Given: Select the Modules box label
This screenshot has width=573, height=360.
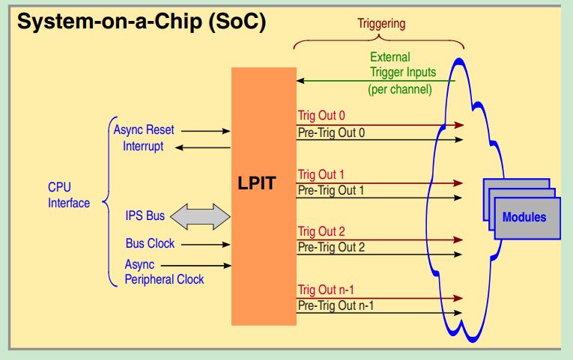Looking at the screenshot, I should click(524, 218).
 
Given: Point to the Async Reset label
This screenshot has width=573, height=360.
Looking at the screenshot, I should click(144, 129).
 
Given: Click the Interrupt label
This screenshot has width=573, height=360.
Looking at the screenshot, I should click(143, 146).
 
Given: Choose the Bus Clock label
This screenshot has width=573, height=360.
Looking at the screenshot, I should click(150, 243).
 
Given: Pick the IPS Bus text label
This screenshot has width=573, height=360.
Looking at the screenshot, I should click(145, 218).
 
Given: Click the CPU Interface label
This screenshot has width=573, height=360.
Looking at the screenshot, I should click(69, 195).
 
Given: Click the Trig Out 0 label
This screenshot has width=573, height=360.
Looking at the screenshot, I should click(321, 116).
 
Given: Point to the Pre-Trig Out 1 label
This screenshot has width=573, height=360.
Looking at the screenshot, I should click(331, 190).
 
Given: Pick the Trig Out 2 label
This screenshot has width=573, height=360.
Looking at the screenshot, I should click(321, 231).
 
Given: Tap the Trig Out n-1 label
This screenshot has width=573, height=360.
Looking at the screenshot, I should click(325, 290).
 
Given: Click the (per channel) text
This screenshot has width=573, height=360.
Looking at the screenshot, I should click(400, 90).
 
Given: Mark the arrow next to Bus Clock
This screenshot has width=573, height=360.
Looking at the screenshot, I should click(205, 244).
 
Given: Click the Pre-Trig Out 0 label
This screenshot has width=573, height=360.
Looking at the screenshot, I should click(331, 132).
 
